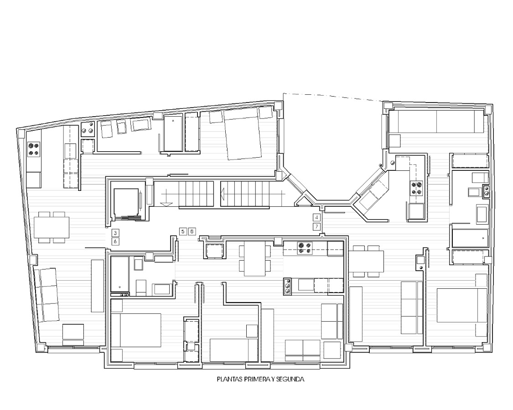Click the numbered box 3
coord(115,233)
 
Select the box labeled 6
coord(115,241)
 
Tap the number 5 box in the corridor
coord(183,231)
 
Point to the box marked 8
coord(192,231)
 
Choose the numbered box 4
coord(316,217)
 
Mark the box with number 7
coord(316,226)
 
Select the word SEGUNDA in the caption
coord(290,379)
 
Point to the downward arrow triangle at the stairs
coord(166,204)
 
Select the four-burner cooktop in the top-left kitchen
coord(34,149)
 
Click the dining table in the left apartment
coord(52,227)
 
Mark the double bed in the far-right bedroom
coord(461,305)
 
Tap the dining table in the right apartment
coord(367,261)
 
